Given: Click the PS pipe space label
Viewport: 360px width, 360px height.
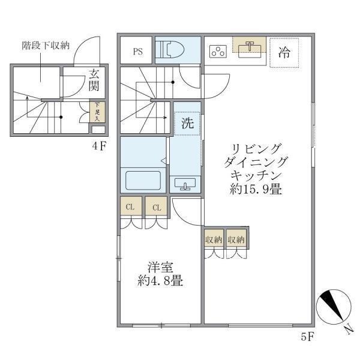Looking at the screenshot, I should tap(137, 51).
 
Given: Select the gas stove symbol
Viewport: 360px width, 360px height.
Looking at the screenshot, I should tap(217, 51).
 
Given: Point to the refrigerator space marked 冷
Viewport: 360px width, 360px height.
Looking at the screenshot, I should tap(284, 52).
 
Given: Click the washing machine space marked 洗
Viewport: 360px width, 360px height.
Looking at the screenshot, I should tap(187, 124).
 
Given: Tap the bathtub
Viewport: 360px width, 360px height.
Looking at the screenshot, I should tap(142, 181).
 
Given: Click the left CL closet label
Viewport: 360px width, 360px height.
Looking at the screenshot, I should tap(130, 208).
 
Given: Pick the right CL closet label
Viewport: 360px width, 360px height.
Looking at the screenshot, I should tap(156, 208).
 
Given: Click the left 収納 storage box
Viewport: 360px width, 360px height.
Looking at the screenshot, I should tap(214, 239).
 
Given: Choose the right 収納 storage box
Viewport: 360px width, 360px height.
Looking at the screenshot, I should tap(236, 239).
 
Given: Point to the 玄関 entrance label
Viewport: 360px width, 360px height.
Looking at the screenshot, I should tap(95, 80).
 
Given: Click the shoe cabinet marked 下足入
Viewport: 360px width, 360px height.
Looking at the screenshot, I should tap(96, 112).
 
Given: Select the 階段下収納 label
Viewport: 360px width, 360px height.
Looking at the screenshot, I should tap(46, 45).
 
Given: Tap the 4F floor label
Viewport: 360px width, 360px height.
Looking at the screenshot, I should tap(99, 146).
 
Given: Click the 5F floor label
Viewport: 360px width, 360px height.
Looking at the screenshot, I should tap(307, 337).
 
